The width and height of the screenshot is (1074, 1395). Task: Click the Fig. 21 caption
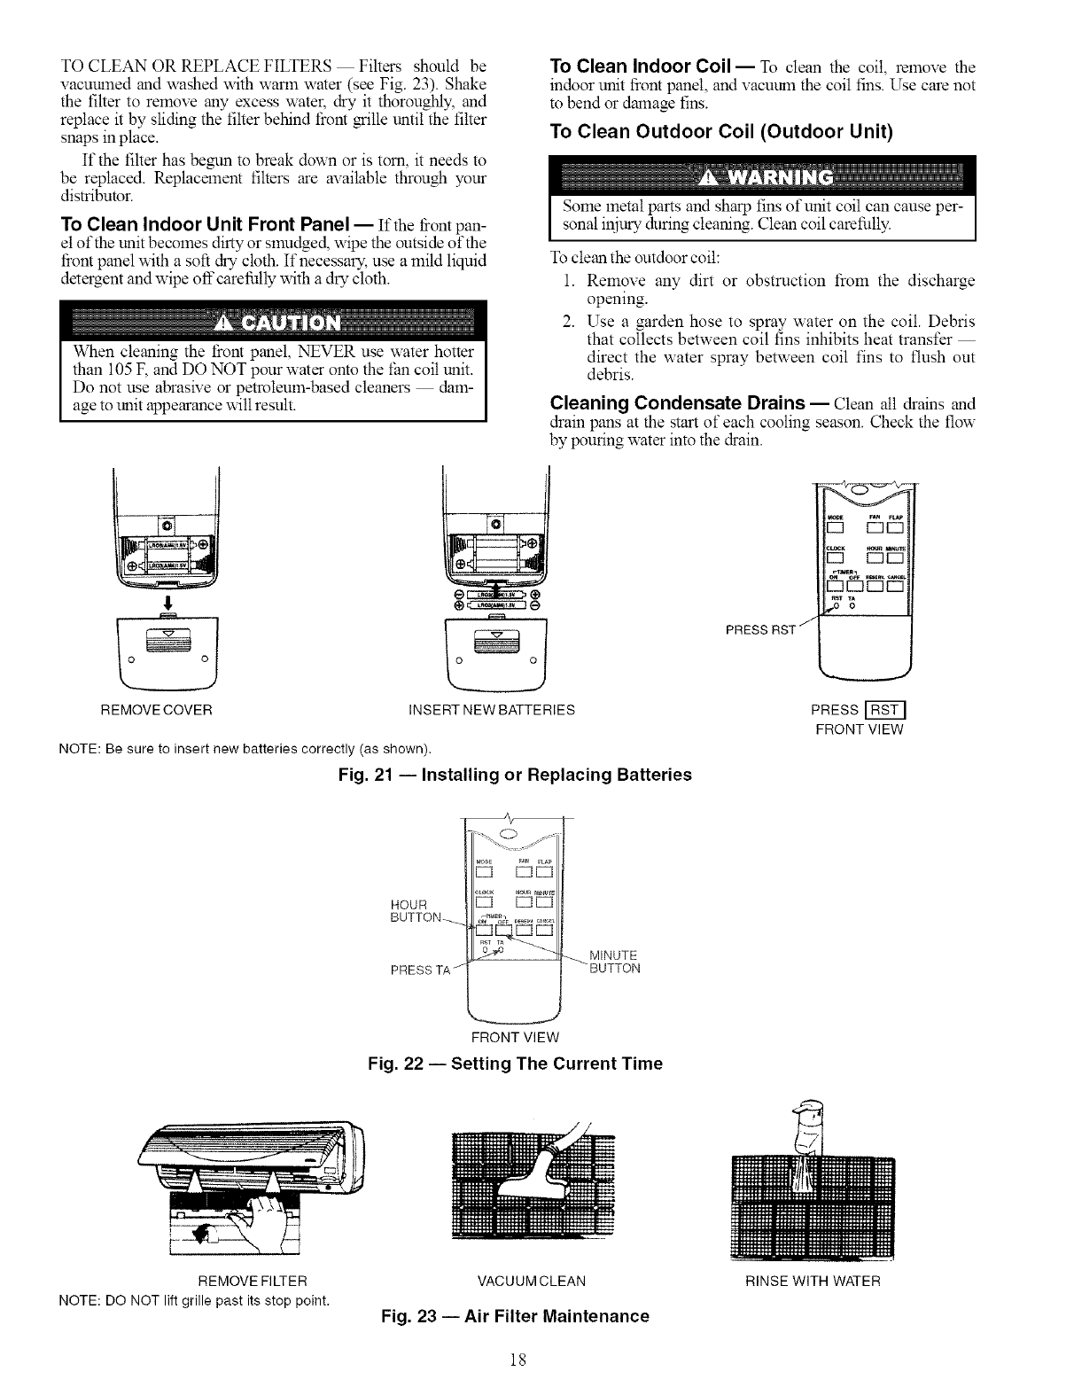[x=515, y=775]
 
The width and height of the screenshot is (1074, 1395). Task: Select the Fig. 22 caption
[x=515, y=1064]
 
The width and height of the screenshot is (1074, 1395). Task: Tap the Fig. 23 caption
[x=515, y=1316]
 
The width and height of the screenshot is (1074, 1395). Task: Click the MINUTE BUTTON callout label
[x=614, y=962]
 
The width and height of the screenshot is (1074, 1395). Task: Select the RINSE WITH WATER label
[x=813, y=1282]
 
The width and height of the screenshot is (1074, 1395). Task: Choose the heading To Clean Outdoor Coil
[x=720, y=132]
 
